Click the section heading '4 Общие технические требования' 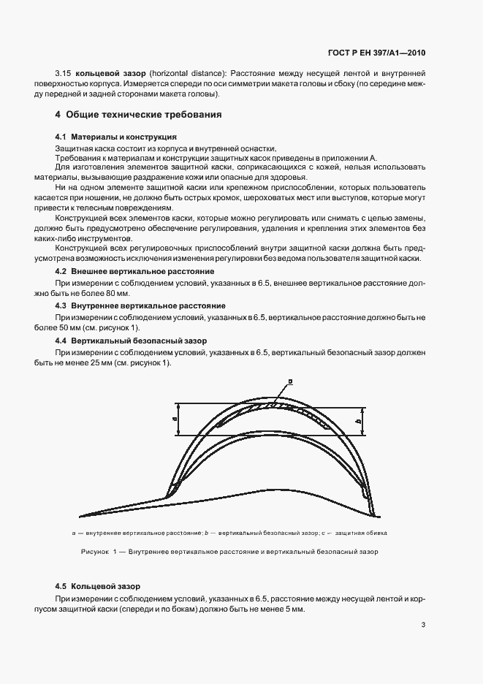point(138,115)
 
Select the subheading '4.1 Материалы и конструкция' point(115,137)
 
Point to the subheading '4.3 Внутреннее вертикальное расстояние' point(140,305)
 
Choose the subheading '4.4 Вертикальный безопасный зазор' point(131,341)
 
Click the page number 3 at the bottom point(424,624)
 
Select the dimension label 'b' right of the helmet point(378,421)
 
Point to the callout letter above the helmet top point(290,381)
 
